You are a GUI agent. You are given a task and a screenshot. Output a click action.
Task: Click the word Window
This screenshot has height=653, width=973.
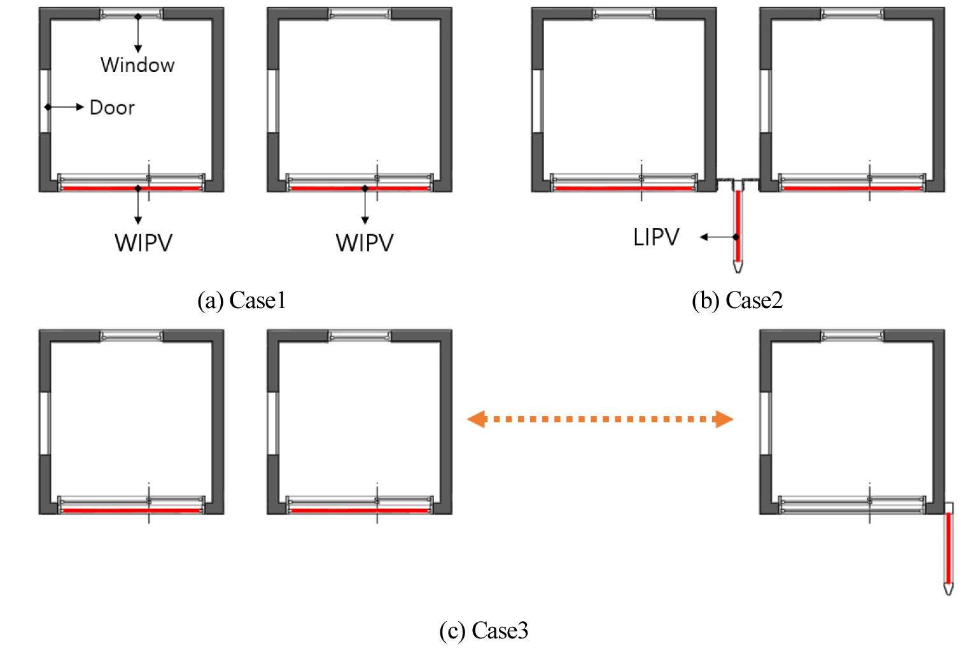[137, 65]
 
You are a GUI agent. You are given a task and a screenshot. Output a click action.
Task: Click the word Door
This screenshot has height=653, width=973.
[113, 108]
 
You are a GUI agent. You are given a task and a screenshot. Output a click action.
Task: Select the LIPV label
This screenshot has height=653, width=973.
[656, 237]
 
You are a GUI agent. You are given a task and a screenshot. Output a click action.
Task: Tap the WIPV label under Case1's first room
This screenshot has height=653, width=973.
[144, 243]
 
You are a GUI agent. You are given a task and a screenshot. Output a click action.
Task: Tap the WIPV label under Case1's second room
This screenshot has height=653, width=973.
[365, 243]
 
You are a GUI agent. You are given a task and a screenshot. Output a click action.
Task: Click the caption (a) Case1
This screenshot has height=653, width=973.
[242, 300]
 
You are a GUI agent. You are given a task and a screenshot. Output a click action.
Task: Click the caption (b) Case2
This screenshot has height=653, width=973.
[737, 300]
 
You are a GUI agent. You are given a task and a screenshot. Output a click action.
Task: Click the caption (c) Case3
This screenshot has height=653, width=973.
[484, 631]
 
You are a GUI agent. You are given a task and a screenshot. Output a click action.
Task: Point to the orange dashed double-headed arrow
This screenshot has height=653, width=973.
[600, 419]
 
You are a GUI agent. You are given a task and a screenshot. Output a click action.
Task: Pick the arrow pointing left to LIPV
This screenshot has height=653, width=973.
[718, 237]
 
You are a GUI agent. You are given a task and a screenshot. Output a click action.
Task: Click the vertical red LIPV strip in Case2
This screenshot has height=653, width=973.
[738, 226]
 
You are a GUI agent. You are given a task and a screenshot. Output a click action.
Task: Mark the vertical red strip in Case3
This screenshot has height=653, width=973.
[948, 547]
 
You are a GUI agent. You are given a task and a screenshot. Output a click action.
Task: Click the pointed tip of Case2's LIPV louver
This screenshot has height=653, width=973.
[738, 269]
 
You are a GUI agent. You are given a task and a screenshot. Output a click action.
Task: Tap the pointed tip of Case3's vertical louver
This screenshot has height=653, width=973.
[948, 591]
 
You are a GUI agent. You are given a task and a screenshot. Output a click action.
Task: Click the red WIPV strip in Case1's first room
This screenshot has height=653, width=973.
[132, 188]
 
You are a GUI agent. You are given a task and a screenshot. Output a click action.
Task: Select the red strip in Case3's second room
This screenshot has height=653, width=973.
[360, 510]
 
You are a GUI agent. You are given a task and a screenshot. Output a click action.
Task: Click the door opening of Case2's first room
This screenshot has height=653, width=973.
[536, 101]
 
